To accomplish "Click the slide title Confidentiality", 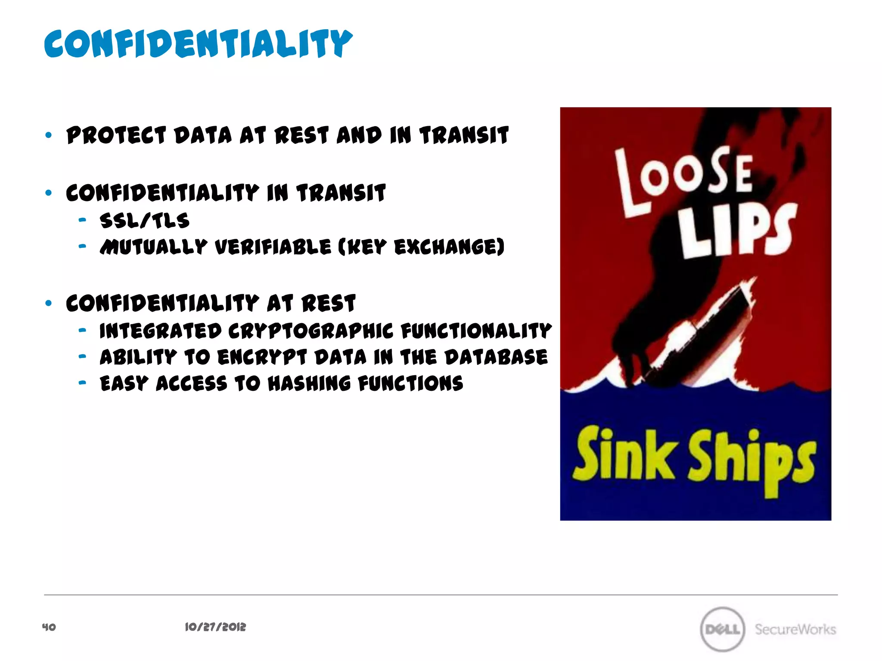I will pos(198,44).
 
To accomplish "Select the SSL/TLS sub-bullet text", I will pos(144,220).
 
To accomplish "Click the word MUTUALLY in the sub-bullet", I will pos(153,247).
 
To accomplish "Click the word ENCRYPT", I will pos(262,358).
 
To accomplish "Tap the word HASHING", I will pos(309,383).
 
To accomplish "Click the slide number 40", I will pos(49,627).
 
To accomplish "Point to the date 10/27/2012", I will pos(215,627).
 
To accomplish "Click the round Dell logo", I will pos(722,629).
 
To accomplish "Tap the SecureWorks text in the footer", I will pos(795,629).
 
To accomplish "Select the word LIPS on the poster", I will pos(736,230).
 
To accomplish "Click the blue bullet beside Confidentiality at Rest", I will pos(48,303).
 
